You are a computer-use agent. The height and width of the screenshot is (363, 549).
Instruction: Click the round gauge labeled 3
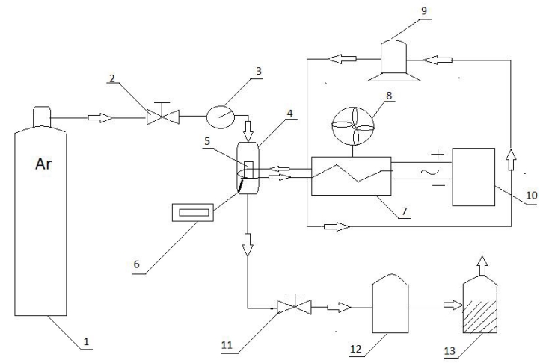tap(220, 116)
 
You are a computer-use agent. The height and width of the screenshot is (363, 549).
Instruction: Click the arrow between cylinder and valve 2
tap(101, 117)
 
